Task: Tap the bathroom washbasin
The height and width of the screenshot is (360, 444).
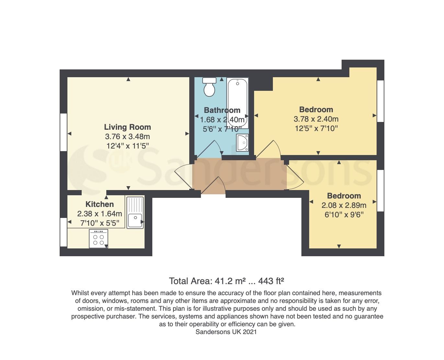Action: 242,143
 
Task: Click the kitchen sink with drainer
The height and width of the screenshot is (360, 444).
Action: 135,212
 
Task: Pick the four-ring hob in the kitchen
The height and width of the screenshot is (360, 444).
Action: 99,239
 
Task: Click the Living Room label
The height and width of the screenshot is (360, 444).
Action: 127,127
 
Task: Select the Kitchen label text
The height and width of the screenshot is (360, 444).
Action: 99,204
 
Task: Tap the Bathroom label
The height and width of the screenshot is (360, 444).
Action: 222,110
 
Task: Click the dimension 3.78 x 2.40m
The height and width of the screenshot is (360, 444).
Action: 316,119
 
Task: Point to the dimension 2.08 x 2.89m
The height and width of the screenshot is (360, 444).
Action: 344,205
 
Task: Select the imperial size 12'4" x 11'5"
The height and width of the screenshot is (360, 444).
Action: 127,146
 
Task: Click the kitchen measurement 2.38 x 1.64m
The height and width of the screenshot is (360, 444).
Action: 99,214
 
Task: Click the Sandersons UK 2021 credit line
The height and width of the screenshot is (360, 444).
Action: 226,332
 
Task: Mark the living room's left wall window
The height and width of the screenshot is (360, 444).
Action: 63,132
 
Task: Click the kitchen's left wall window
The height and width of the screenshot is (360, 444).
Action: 63,232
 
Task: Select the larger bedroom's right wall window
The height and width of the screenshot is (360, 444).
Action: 380,101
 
